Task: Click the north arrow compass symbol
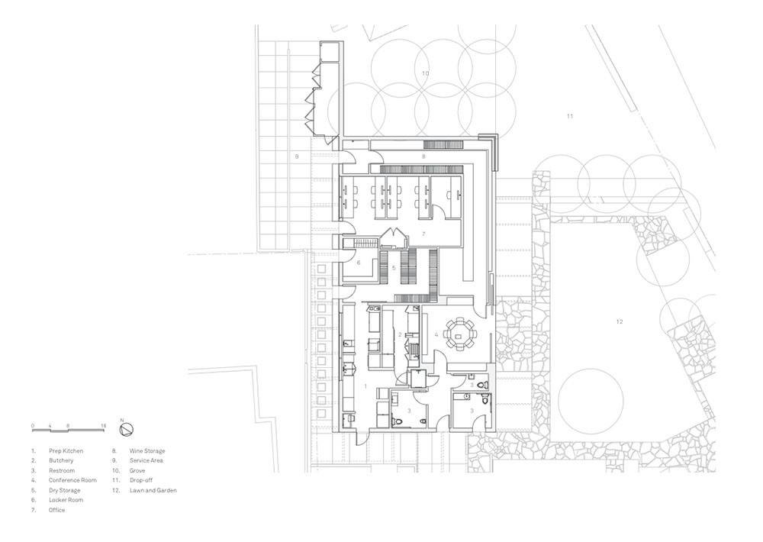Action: click(x=127, y=428)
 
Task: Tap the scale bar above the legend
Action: click(x=69, y=430)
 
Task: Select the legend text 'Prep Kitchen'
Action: click(x=66, y=451)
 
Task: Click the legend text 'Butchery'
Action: click(x=61, y=460)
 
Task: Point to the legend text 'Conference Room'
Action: click(x=72, y=480)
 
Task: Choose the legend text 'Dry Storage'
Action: click(x=64, y=490)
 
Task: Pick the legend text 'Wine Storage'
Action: click(x=147, y=451)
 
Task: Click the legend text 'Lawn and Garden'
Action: click(x=153, y=490)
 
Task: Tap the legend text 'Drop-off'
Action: click(x=140, y=480)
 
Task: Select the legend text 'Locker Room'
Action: click(x=66, y=500)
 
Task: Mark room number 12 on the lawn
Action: click(x=619, y=321)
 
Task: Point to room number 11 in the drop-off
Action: click(x=570, y=116)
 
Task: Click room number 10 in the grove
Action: click(x=425, y=73)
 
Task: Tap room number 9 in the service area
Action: click(x=296, y=156)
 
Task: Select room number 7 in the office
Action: click(x=423, y=234)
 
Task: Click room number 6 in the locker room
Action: click(x=359, y=263)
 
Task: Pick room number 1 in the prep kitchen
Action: click(x=366, y=386)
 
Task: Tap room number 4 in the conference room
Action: click(x=436, y=334)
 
